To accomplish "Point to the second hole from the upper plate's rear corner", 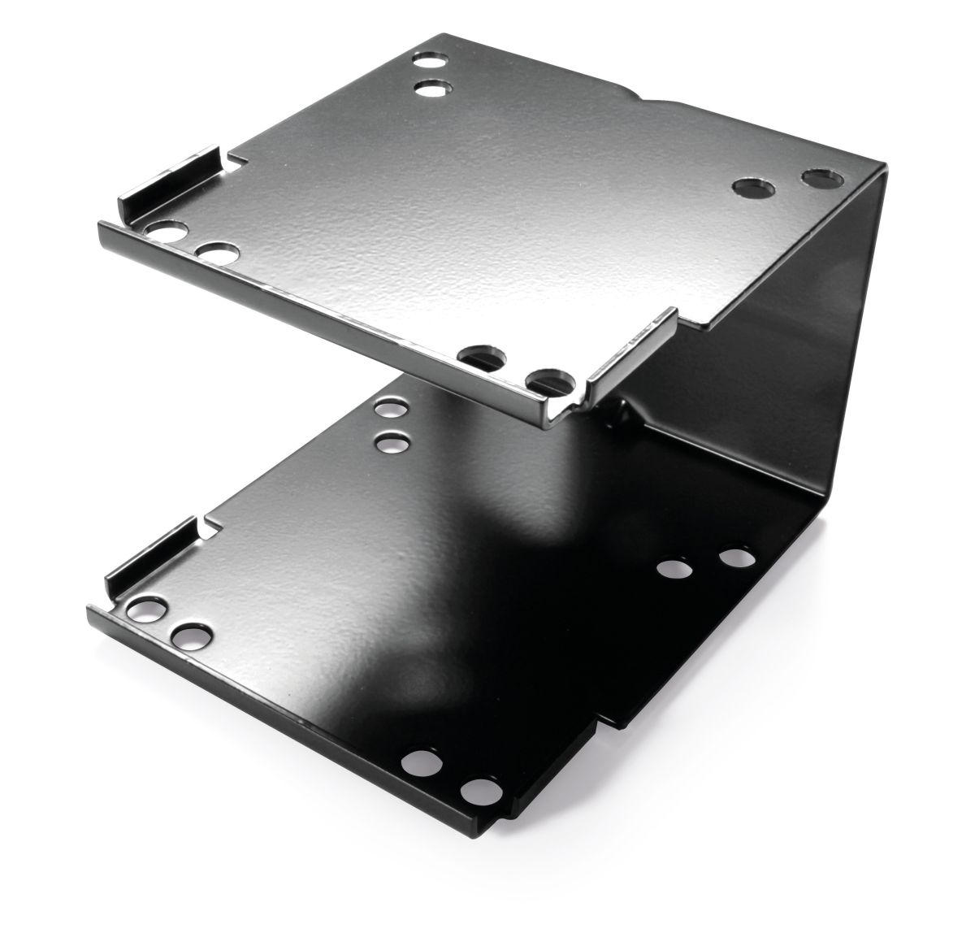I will click(432, 87).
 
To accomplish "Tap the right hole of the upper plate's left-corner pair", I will click(218, 253).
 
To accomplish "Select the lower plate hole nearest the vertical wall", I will click(736, 559).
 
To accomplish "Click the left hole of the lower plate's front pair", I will click(421, 762).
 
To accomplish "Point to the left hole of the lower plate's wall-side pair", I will click(676, 569).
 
